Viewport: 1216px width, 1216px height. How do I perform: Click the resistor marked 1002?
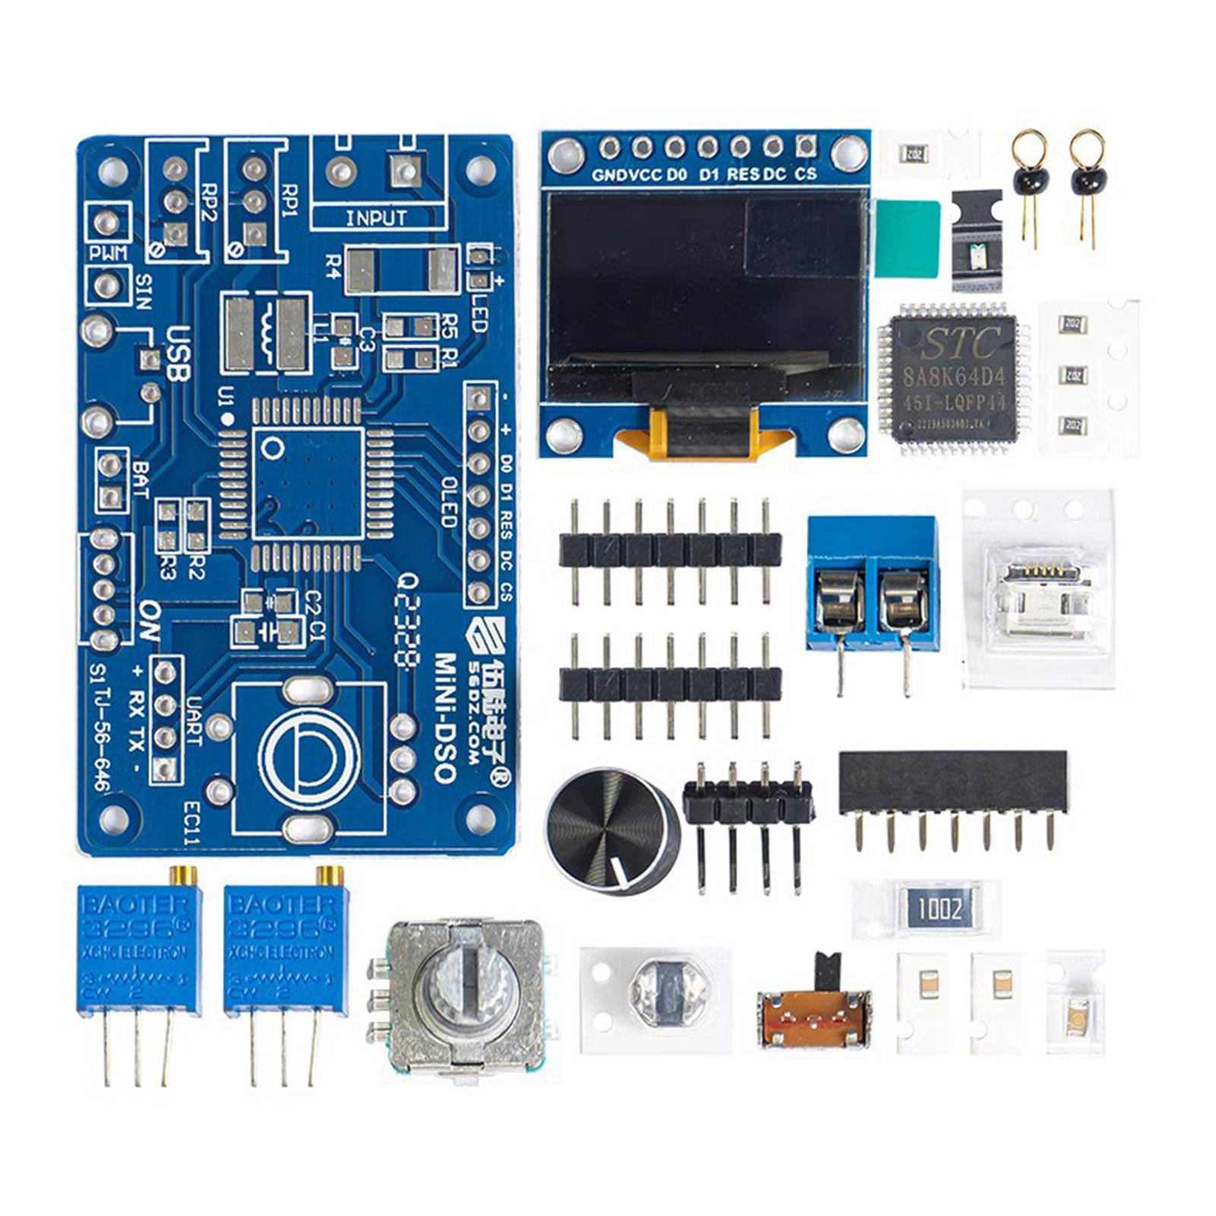(939, 908)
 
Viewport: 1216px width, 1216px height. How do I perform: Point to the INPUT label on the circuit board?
(376, 218)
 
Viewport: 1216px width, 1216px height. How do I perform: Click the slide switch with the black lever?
(815, 1006)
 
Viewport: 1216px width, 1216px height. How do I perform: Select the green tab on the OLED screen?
(907, 238)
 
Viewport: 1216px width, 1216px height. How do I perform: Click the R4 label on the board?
(332, 267)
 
